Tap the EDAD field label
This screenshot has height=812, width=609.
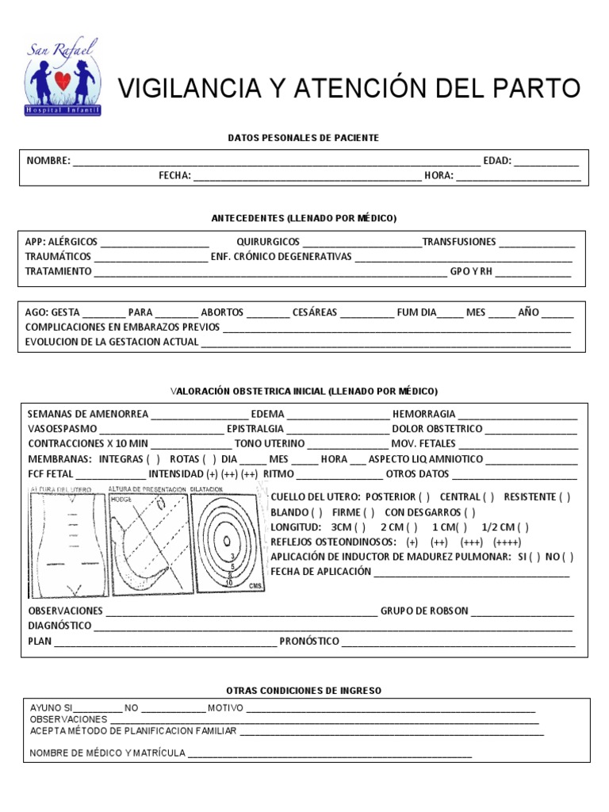click(x=497, y=161)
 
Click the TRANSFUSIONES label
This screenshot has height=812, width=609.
click(x=459, y=242)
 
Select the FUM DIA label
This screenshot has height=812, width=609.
click(x=416, y=312)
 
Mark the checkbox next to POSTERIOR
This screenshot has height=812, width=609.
click(x=424, y=497)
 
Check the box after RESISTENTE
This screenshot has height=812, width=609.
click(x=565, y=497)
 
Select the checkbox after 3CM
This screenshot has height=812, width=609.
click(x=360, y=527)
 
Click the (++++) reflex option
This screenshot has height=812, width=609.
click(x=507, y=542)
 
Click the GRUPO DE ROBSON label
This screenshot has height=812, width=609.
click(x=424, y=611)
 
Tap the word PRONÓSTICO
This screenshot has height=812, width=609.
click(x=309, y=641)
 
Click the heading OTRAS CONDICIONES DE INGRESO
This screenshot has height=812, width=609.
click(x=304, y=691)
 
